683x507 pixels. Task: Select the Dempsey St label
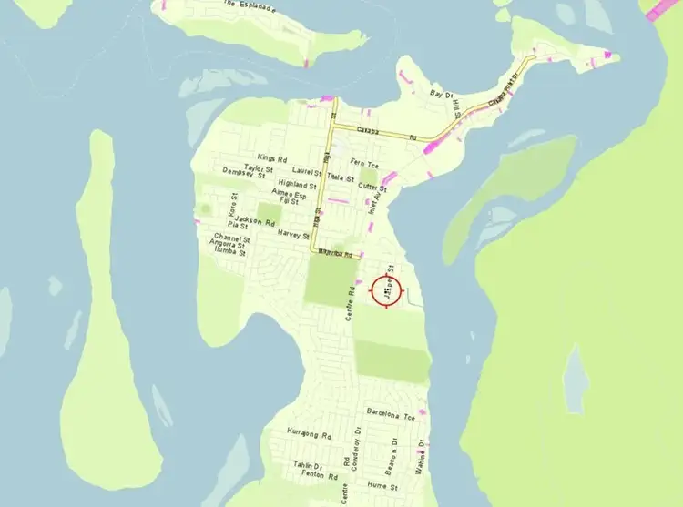tap(243, 175)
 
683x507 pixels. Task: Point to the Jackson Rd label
tap(255, 220)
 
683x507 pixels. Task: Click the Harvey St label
tap(293, 234)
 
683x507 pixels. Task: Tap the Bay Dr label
tap(441, 94)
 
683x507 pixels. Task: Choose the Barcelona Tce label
tap(390, 413)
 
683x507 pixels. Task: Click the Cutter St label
tap(372, 188)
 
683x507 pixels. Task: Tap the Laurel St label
tap(308, 170)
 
